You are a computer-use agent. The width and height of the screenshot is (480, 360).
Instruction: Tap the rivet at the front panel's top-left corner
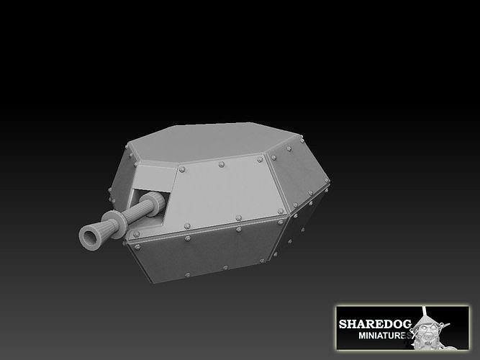(181, 170)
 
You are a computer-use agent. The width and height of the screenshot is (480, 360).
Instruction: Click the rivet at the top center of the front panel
(221, 165)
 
